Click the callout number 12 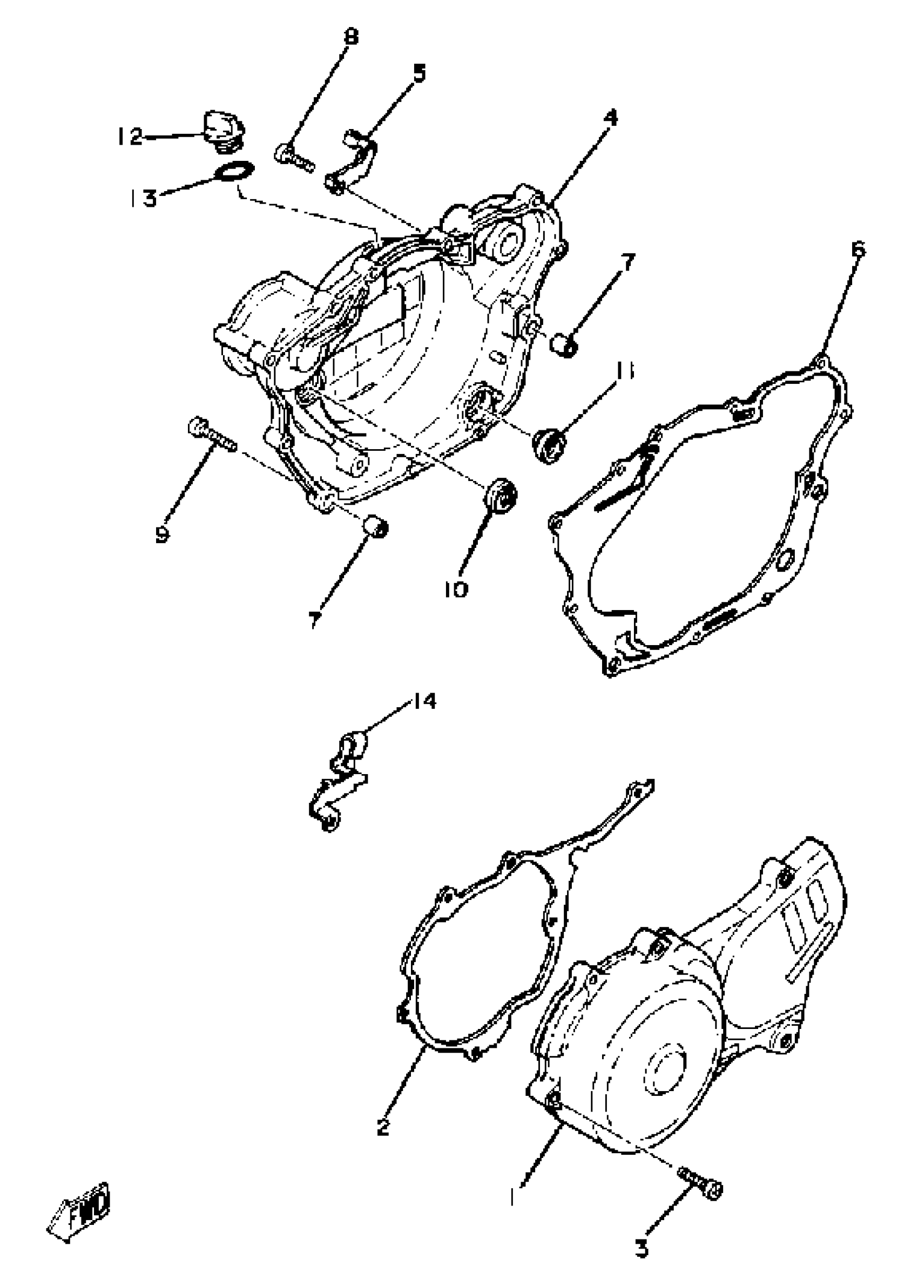pyautogui.click(x=130, y=136)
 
